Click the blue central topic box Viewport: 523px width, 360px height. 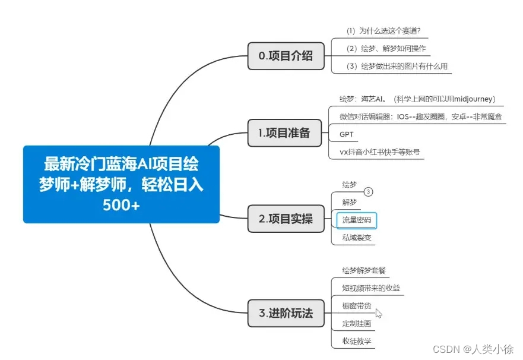click(x=121, y=184)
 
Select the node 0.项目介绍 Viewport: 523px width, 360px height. click(x=286, y=56)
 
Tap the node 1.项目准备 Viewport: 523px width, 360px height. click(x=285, y=133)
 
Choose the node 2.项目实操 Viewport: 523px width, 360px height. click(x=286, y=219)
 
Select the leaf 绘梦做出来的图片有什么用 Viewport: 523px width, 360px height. click(x=397, y=66)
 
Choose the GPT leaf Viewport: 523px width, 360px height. click(x=347, y=134)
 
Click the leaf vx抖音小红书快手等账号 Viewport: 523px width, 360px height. click(x=380, y=152)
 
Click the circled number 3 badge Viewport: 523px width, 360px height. click(x=369, y=192)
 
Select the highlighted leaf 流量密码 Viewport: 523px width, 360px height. click(x=357, y=220)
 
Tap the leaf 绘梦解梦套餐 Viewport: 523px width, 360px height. click(x=364, y=270)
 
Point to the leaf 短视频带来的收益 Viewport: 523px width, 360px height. click(x=371, y=288)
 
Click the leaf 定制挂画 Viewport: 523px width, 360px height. click(x=357, y=324)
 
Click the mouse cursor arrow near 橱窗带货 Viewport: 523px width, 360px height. click(x=378, y=312)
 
